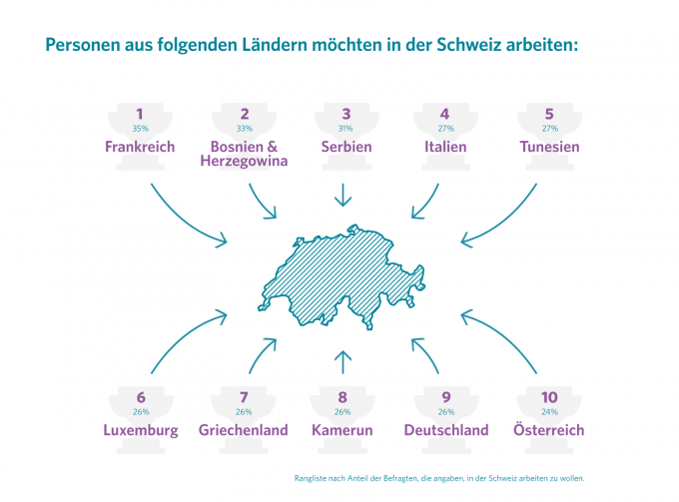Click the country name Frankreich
(140, 147)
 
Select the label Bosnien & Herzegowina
(244, 154)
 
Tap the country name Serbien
(346, 147)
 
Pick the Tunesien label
(549, 147)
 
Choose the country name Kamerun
(342, 430)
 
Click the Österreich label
(548, 429)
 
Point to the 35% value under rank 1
(141, 129)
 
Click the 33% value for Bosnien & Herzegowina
(245, 129)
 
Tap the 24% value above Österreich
(549, 412)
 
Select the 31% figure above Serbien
(345, 129)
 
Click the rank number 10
(549, 397)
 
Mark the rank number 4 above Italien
(444, 114)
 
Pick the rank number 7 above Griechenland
(244, 397)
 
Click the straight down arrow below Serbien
(342, 195)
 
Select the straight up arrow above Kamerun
(342, 362)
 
